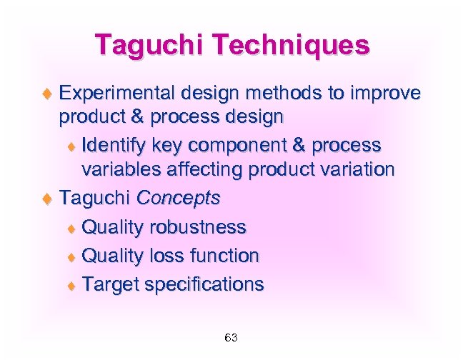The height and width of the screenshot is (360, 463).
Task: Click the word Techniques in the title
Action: [297, 45]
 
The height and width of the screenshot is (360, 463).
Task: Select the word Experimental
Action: [118, 94]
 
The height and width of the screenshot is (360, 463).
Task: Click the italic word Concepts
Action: [178, 198]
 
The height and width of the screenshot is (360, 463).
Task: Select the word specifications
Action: [204, 285]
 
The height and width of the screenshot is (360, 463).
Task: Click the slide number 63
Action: [231, 337]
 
